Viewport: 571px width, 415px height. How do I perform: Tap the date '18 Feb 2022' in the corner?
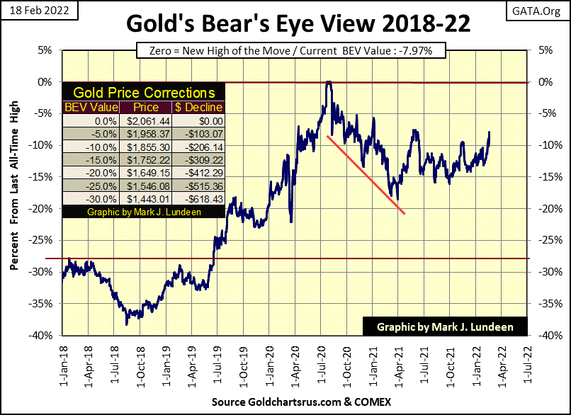click(x=31, y=9)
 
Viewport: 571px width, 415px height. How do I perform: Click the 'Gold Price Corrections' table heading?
click(x=143, y=93)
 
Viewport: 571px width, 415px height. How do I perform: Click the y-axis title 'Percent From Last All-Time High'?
click(x=15, y=195)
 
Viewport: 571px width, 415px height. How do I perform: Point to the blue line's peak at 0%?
click(x=329, y=83)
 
